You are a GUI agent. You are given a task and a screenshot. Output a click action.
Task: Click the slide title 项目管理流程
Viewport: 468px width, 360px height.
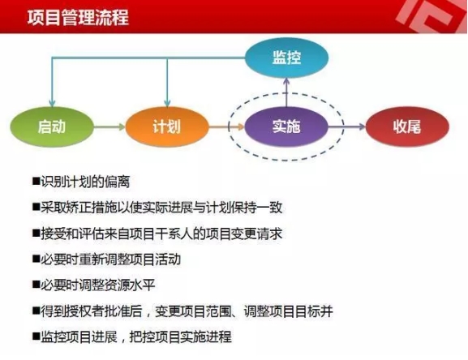78,17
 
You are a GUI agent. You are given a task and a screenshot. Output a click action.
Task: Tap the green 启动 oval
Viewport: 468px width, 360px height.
52,126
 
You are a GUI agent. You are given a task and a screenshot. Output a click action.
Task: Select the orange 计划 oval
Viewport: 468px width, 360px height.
167,126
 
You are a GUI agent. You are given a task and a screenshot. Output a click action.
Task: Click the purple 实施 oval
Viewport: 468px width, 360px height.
286,126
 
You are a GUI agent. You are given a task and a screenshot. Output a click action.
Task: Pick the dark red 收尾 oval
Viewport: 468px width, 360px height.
407,126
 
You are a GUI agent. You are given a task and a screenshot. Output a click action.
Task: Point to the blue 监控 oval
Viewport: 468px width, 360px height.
286,58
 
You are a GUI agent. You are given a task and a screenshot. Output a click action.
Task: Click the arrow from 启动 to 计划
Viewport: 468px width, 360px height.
109,126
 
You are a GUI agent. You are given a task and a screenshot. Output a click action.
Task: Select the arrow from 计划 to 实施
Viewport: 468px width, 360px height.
227,126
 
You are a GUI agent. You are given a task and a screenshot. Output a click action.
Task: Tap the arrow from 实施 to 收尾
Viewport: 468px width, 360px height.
347,126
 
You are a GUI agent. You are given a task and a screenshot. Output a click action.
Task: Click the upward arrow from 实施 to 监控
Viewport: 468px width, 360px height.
286,92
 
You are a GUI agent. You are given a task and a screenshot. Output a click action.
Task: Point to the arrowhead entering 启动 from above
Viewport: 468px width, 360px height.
52,103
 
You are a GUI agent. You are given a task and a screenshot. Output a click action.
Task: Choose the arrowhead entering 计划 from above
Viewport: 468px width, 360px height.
167,103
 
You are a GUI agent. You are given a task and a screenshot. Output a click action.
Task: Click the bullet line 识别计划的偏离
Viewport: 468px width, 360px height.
81,182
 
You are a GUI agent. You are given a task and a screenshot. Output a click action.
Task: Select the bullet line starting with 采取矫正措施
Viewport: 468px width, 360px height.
157,208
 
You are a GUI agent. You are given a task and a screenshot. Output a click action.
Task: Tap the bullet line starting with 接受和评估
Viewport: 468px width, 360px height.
157,234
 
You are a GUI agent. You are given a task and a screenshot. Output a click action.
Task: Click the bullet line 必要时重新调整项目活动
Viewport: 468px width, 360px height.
106,259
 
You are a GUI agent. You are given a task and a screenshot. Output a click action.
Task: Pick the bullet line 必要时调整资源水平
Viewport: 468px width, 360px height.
94,285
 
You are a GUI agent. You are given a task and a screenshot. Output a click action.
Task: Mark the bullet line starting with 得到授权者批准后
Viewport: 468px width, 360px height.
182,311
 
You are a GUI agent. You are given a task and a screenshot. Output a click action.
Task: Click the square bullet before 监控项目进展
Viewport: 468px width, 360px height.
36,336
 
